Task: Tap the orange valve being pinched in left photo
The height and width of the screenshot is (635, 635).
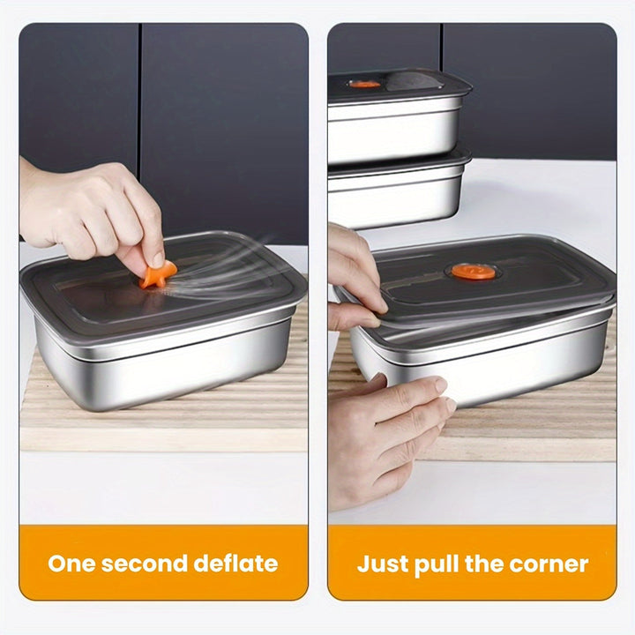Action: (x=158, y=273)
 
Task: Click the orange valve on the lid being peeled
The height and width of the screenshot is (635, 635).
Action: (x=473, y=272)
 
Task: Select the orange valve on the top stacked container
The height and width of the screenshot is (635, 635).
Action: (x=363, y=84)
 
